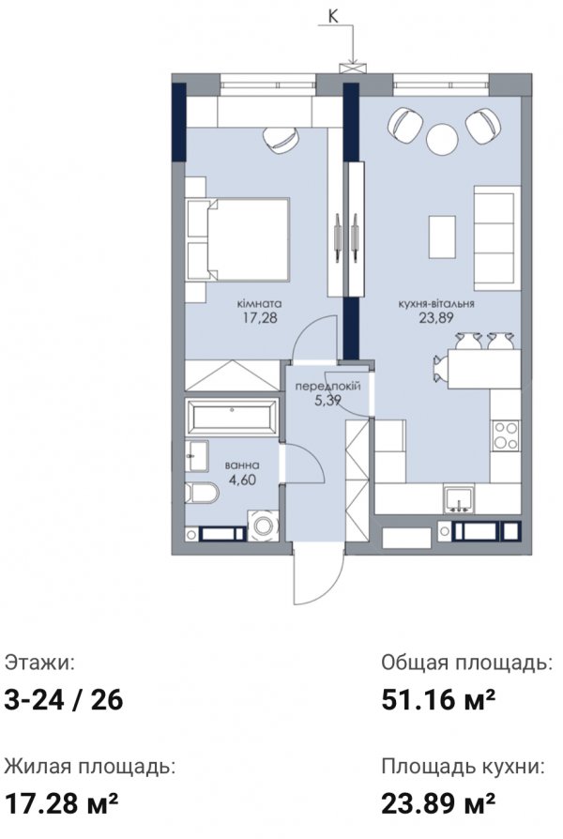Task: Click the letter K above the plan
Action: pos(333,16)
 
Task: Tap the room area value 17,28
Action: pos(260,318)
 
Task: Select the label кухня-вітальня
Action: pos(436,304)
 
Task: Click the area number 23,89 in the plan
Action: pos(436,318)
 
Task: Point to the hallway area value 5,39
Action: pos(328,400)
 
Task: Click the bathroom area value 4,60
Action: pos(242,480)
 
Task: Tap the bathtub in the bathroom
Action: pos(231,417)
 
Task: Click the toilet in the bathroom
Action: pos(201,493)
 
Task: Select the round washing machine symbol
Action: pos(263,526)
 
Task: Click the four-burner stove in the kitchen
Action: pos(505,435)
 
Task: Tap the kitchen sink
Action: pos(459,500)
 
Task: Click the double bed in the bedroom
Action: pos(238,239)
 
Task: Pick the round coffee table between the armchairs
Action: pos(442,139)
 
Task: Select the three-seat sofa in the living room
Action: pos(497,238)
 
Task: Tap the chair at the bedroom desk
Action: pos(281,139)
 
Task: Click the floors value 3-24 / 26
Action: pos(64,700)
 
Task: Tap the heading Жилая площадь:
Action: pos(90,768)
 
